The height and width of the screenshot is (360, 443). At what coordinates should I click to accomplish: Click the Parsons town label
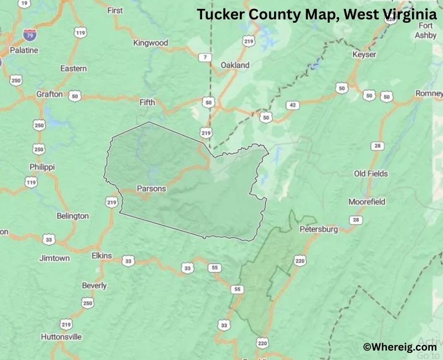coord(151,188)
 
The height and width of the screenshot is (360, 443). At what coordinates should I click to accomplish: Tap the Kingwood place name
coord(151,43)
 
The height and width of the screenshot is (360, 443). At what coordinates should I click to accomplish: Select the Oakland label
coord(235,65)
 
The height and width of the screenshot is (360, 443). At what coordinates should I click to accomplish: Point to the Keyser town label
coord(364,54)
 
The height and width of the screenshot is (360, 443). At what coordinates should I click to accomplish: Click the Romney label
coord(429,94)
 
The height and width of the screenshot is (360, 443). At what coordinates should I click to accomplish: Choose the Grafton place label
coord(49,94)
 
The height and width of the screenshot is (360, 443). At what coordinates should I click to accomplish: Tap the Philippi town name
coord(43,167)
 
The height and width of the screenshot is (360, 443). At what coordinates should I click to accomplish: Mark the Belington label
coord(73,215)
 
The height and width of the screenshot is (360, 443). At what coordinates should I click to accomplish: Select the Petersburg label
coord(318,229)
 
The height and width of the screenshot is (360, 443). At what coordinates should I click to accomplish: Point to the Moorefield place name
coord(367,202)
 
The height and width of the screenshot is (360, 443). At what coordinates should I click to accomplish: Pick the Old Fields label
coord(371,173)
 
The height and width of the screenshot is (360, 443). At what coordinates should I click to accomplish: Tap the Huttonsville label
coord(61,336)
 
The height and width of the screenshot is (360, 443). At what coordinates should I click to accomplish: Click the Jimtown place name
coord(54,258)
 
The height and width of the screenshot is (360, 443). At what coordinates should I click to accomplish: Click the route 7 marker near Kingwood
coord(205,58)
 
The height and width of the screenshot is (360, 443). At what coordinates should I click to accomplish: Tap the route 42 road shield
coord(293,105)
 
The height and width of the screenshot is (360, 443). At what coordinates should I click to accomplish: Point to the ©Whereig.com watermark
coord(400,347)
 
